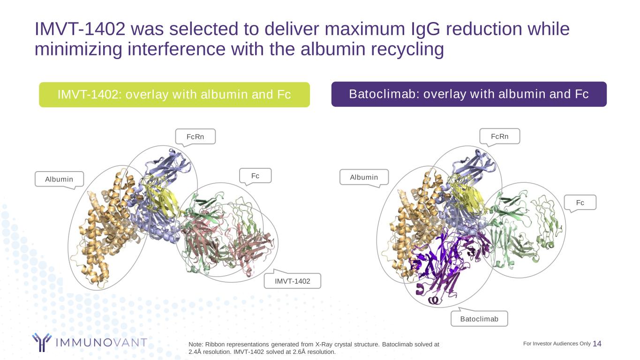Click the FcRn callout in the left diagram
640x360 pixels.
(196, 136)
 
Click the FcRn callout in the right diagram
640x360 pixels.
(500, 136)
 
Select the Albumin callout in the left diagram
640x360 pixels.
(59, 179)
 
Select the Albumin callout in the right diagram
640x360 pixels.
(364, 177)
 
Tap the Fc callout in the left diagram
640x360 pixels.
(255, 176)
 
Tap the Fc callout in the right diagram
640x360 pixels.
(580, 202)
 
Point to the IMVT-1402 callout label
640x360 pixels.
(292, 281)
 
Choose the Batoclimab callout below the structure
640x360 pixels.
(479, 319)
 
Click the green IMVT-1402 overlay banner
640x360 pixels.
(174, 95)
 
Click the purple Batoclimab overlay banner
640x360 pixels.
(469, 94)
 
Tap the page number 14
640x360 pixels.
(597, 344)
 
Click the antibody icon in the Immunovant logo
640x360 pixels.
(42, 342)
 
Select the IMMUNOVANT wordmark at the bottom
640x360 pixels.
(101, 342)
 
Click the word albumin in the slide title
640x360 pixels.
(332, 49)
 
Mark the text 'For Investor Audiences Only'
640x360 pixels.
(557, 344)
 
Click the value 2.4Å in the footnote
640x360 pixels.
(195, 352)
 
